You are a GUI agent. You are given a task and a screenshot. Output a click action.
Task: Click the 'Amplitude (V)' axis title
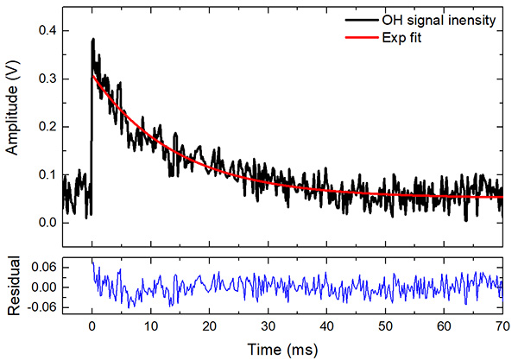pyautogui.click(x=13, y=121)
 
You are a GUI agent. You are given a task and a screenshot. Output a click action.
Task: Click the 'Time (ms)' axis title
pyautogui.click(x=281, y=349)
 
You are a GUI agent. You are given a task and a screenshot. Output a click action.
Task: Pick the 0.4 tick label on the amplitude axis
pyautogui.click(x=46, y=31)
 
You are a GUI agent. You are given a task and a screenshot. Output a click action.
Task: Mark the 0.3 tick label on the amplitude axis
pyautogui.click(x=46, y=79)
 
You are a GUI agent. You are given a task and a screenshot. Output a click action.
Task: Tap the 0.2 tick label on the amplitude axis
pyautogui.click(x=46, y=127)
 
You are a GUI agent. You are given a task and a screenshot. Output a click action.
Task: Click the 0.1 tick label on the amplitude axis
pyautogui.click(x=46, y=174)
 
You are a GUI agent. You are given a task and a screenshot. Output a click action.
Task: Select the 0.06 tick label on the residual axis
pyautogui.click(x=41, y=268)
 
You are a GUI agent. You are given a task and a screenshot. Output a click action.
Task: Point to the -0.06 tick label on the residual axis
pyautogui.click(x=40, y=306)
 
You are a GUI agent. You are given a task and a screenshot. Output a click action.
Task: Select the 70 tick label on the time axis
pyautogui.click(x=502, y=328)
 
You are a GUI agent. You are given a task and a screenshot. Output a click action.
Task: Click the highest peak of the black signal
pyautogui.click(x=92, y=39)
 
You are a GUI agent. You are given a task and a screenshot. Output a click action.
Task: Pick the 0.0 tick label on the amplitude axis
pyautogui.click(x=46, y=223)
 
